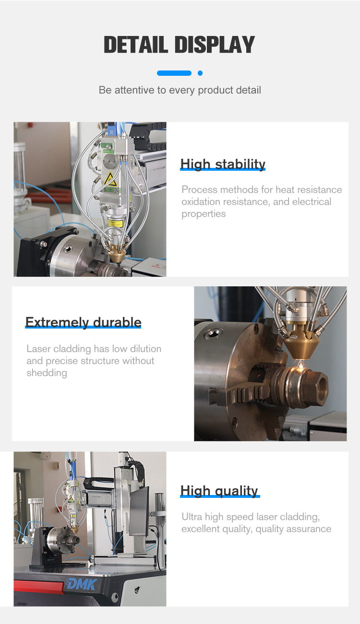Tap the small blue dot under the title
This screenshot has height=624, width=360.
tap(200, 73)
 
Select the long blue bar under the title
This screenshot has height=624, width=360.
tap(174, 73)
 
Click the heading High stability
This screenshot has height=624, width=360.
tap(223, 164)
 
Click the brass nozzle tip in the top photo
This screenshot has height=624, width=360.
tap(116, 254)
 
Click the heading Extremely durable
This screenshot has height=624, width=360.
tap(84, 322)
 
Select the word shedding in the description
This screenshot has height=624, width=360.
tap(47, 373)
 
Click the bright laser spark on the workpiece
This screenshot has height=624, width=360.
tap(300, 365)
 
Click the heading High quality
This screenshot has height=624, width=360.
tap(219, 491)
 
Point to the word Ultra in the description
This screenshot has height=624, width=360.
tap(192, 517)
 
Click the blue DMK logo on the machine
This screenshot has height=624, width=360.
tap(82, 584)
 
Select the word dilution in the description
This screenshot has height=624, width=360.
tap(145, 349)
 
